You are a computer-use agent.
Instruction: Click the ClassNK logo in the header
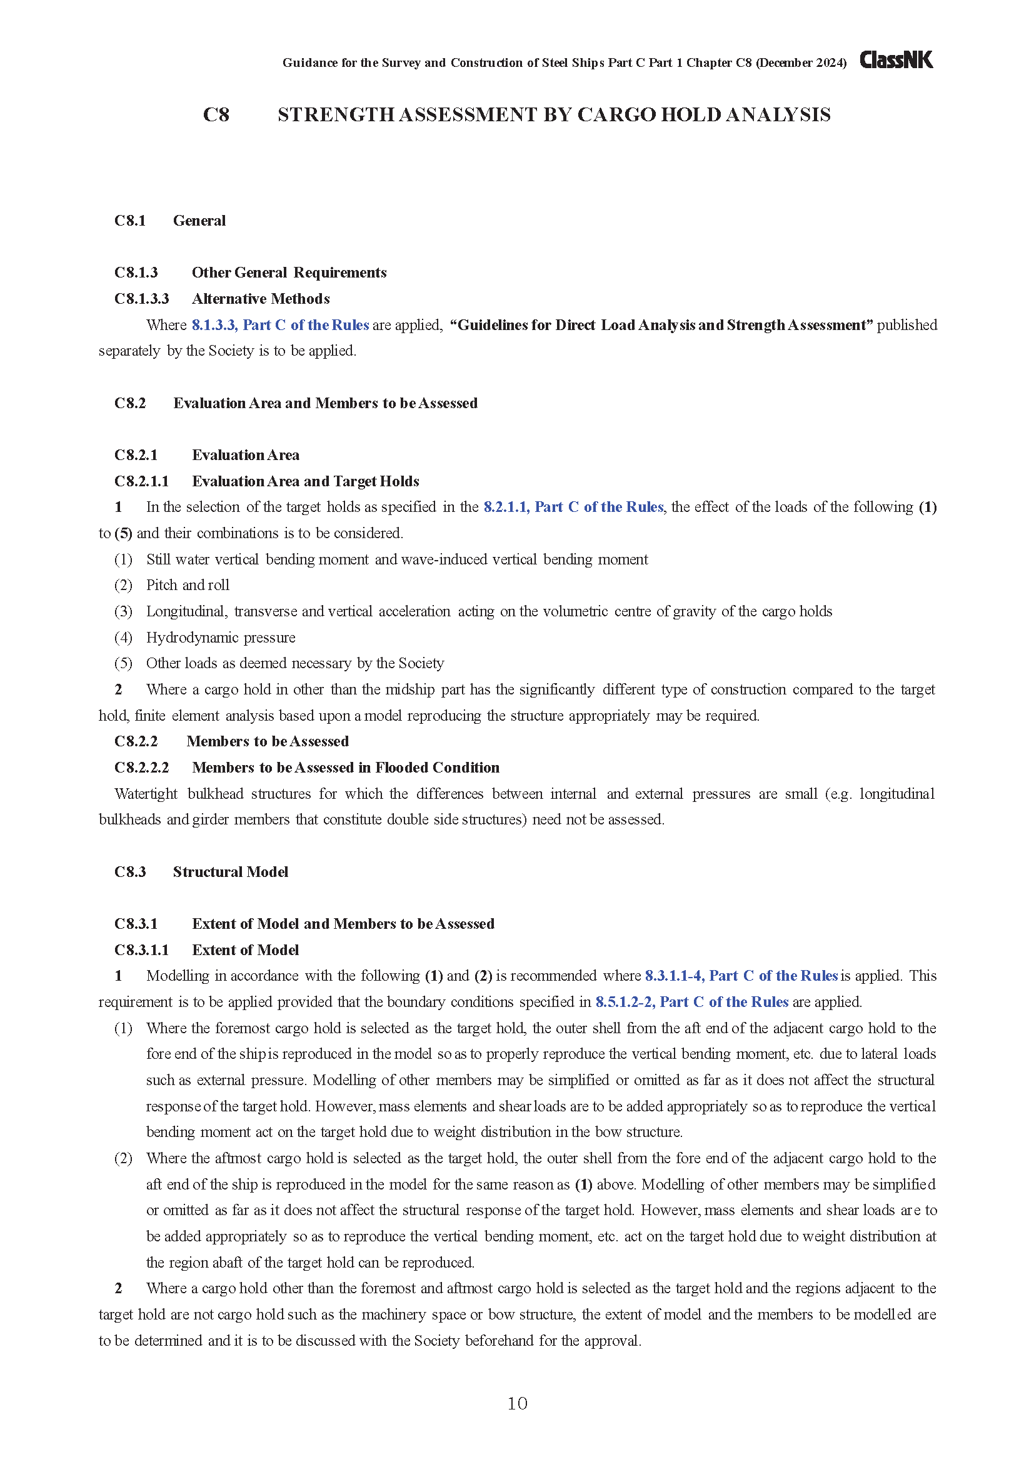[x=896, y=60]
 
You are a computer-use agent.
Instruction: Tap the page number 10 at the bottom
[x=517, y=1403]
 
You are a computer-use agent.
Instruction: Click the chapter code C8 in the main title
[x=216, y=114]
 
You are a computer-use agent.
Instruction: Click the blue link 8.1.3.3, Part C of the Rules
[x=280, y=325]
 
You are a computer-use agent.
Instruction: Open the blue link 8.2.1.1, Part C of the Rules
[x=573, y=507]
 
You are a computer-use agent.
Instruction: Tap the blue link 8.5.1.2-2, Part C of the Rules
[x=691, y=1001]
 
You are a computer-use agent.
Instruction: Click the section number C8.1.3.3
[x=141, y=299]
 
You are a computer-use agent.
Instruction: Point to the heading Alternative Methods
[x=261, y=299]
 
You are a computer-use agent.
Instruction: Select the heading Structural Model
[x=231, y=872]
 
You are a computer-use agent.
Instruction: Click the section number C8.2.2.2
[x=141, y=768]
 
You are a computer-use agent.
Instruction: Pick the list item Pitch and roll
[x=188, y=585]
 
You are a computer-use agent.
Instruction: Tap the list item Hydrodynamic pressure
[x=221, y=638]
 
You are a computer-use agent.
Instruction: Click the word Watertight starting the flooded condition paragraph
[x=146, y=793]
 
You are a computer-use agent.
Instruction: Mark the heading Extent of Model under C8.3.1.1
[x=245, y=950]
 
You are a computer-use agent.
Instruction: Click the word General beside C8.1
[x=199, y=220]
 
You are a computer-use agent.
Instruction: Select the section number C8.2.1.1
[x=141, y=481]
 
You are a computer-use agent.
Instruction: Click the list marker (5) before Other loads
[x=123, y=664]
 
